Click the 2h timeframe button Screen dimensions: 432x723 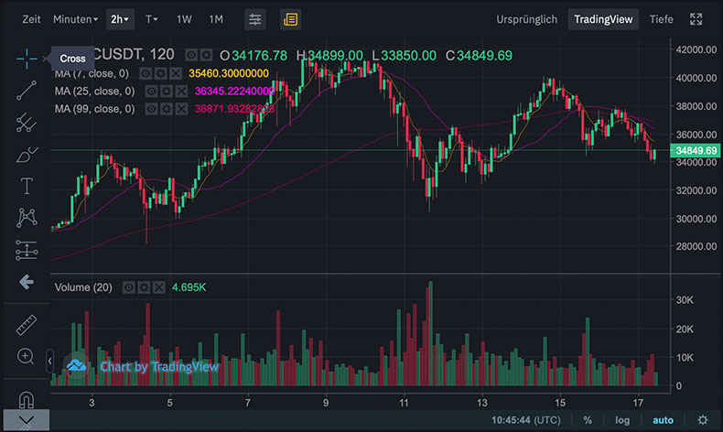tap(120, 19)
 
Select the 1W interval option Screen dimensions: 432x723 tap(184, 19)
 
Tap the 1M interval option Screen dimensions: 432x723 tap(216, 19)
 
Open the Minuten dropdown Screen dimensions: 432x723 tap(75, 19)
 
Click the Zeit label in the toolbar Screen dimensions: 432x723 tap(31, 19)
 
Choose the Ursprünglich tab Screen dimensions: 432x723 tap(526, 19)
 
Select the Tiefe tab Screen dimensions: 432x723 tap(661, 19)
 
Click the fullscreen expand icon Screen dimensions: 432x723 tap(696, 19)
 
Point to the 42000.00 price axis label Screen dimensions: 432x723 tap(696, 49)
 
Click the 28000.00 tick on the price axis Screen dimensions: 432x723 tap(696, 247)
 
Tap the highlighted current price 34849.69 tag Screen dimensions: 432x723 tap(696, 150)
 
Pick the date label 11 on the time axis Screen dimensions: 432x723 tap(404, 403)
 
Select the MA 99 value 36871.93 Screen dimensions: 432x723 tap(234, 109)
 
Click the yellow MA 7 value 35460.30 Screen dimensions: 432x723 tap(229, 72)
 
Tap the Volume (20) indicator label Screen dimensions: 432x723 tap(83, 287)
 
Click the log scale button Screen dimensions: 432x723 tap(622, 420)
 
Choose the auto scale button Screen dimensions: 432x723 tap(663, 420)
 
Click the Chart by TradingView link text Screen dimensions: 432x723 tap(159, 367)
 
